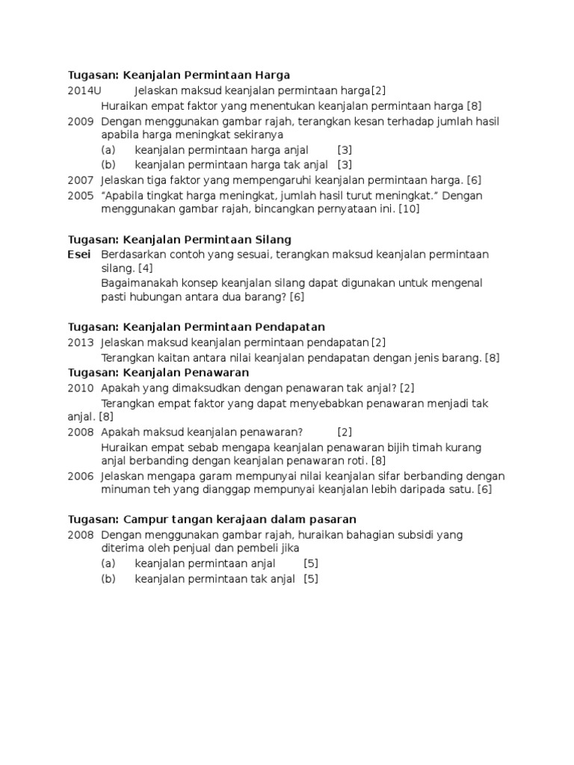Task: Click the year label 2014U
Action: (x=84, y=90)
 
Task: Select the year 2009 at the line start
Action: (x=81, y=121)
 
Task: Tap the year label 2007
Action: (x=81, y=180)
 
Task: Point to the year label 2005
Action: (x=81, y=196)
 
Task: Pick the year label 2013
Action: (x=81, y=343)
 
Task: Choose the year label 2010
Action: (x=81, y=388)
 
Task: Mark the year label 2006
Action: (x=81, y=476)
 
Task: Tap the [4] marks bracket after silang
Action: (x=145, y=268)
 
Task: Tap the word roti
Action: (x=357, y=461)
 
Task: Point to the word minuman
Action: (x=124, y=490)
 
